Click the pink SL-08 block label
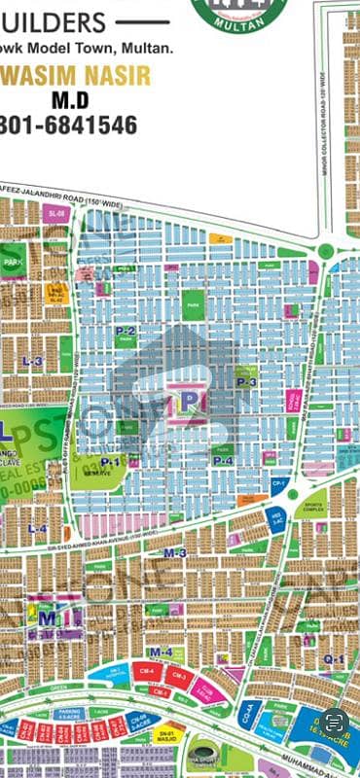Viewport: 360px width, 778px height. (x=56, y=213)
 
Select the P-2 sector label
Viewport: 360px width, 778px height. (x=125, y=331)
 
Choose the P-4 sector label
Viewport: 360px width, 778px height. (x=224, y=460)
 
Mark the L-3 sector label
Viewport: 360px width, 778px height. (x=33, y=361)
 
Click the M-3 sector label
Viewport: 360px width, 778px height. (x=175, y=552)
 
